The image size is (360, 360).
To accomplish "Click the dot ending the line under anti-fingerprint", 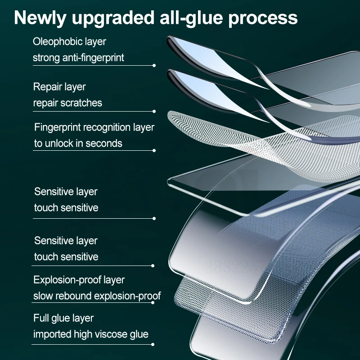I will (154, 65).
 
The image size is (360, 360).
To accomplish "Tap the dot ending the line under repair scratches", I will (154, 111).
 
